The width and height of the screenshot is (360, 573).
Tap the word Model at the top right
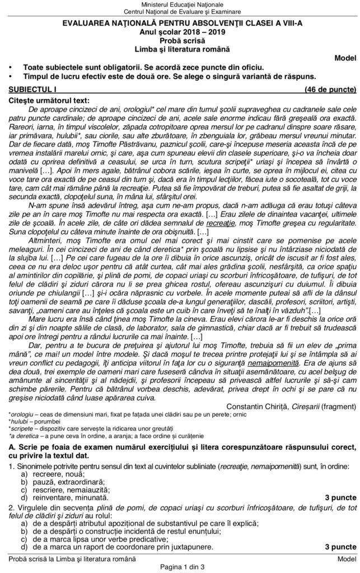point(345,58)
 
